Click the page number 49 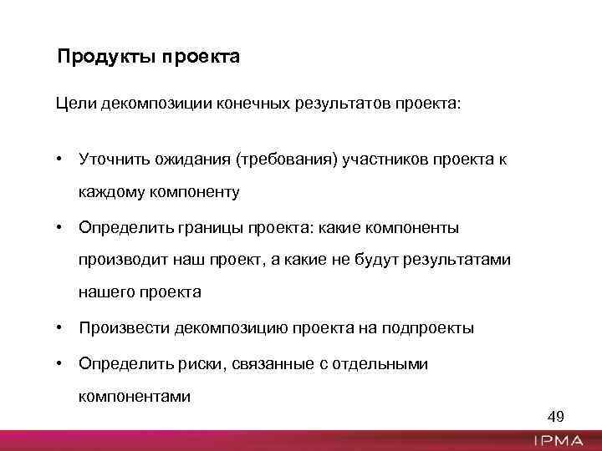point(556,416)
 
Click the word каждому point(111,192)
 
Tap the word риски point(200,363)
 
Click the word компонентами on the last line point(135,396)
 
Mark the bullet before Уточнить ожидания point(61,159)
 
